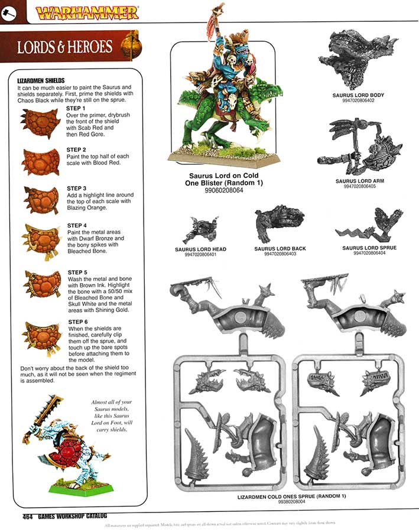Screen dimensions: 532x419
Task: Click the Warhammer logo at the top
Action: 87,12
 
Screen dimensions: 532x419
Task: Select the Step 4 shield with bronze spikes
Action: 40,239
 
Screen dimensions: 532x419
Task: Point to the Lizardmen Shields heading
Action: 41,80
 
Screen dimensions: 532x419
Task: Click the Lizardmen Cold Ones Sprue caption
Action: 295,495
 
